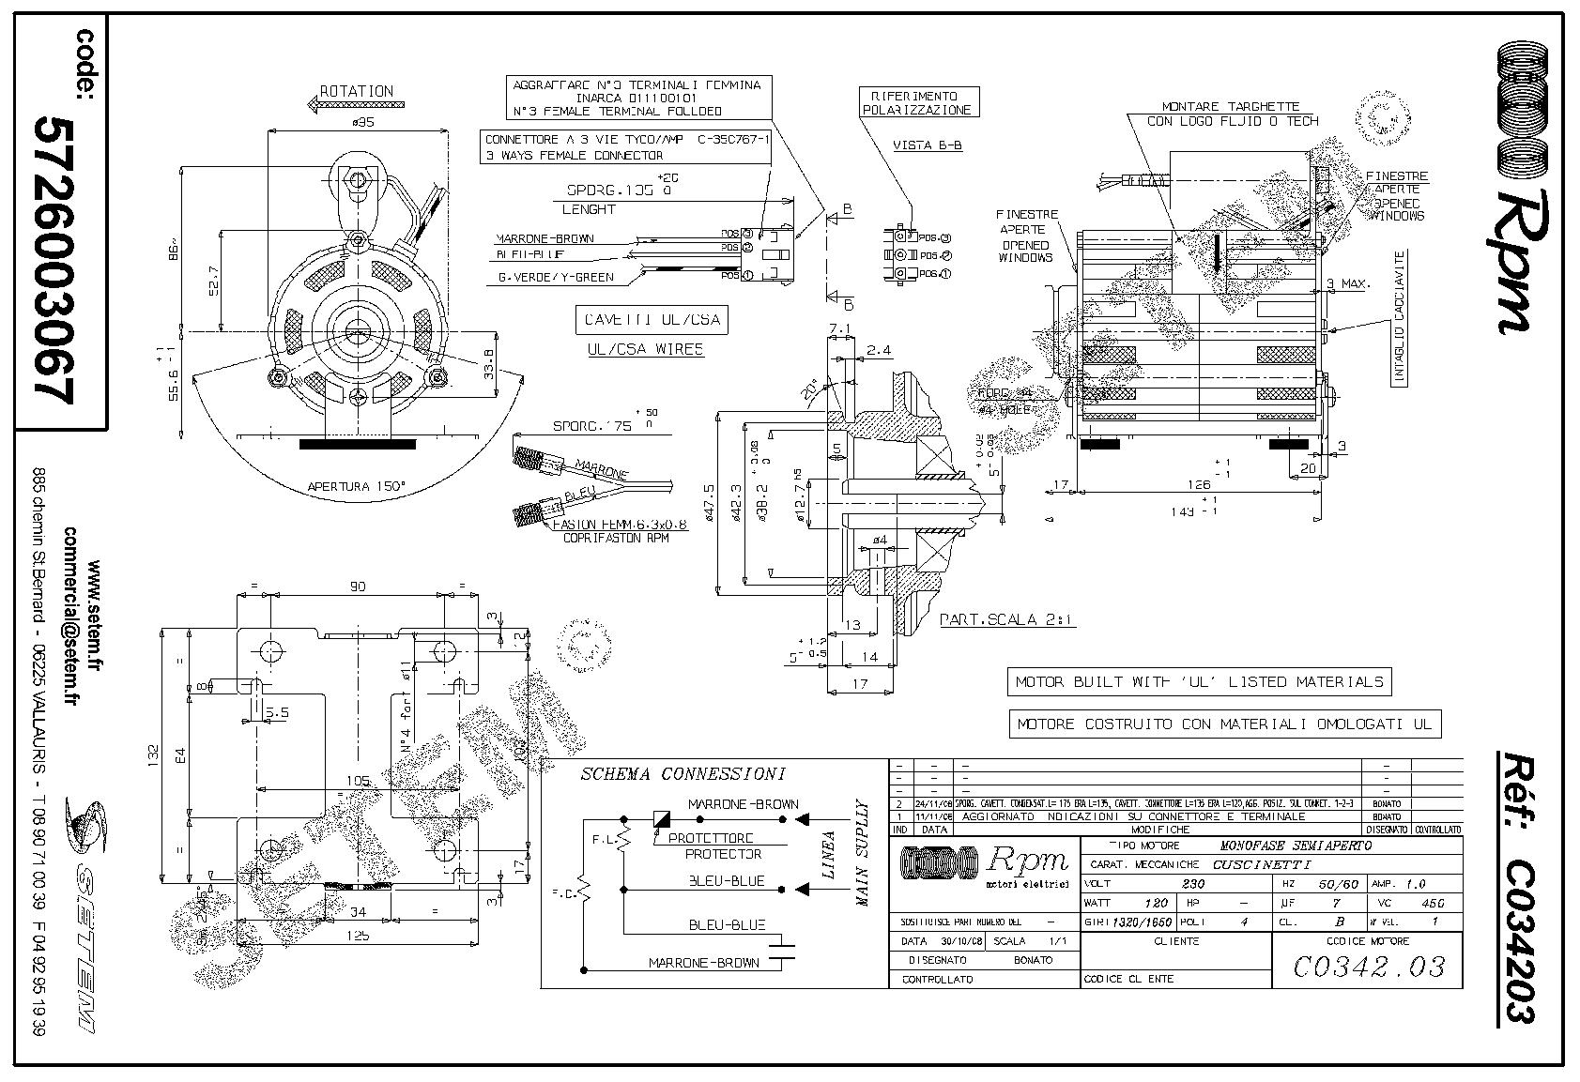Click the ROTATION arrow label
pyautogui.click(x=356, y=91)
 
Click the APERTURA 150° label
pyautogui.click(x=357, y=487)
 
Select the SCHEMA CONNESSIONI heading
pyautogui.click(x=683, y=774)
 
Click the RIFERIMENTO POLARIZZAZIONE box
pyautogui.click(x=920, y=103)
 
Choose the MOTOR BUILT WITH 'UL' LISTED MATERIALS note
pyautogui.click(x=1199, y=681)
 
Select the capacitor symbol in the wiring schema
pyautogui.click(x=781, y=947)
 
